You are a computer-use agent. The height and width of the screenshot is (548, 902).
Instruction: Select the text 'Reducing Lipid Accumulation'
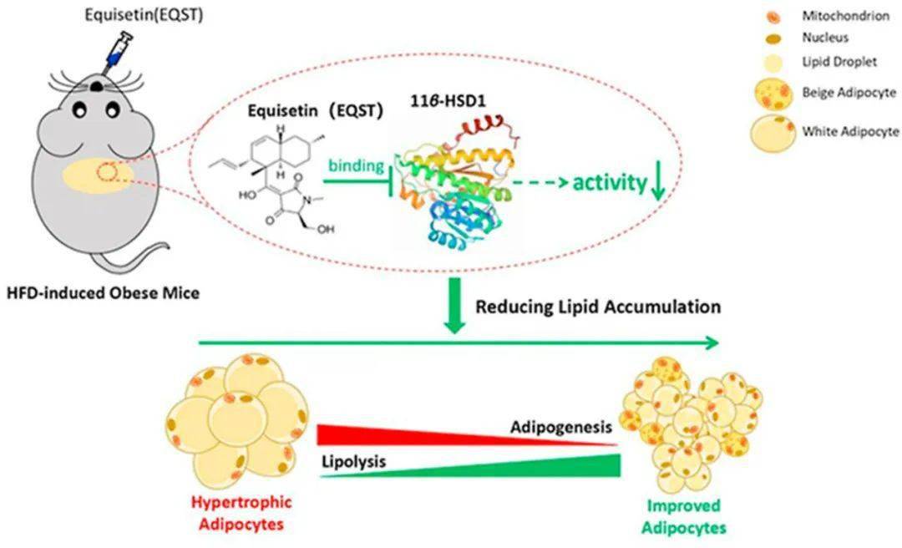pyautogui.click(x=597, y=307)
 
